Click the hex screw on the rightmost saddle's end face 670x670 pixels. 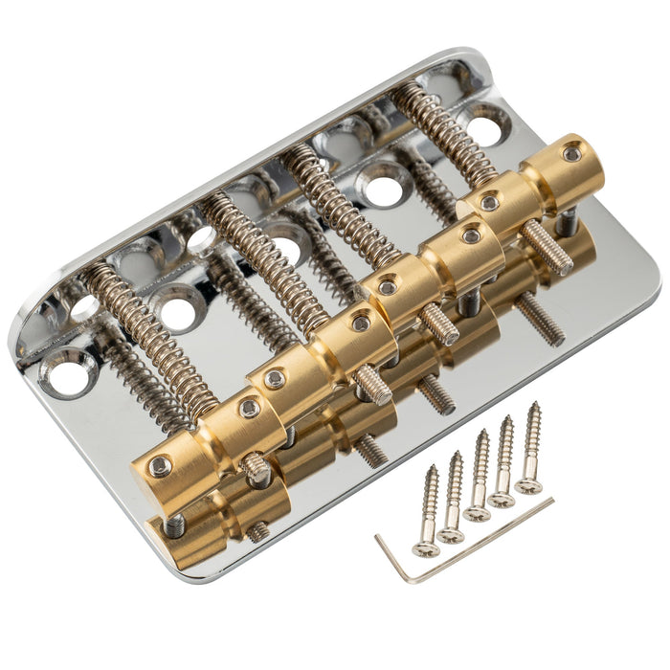coord(571,153)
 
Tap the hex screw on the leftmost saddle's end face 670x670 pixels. coord(160,466)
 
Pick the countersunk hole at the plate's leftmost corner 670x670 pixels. coord(67,373)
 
